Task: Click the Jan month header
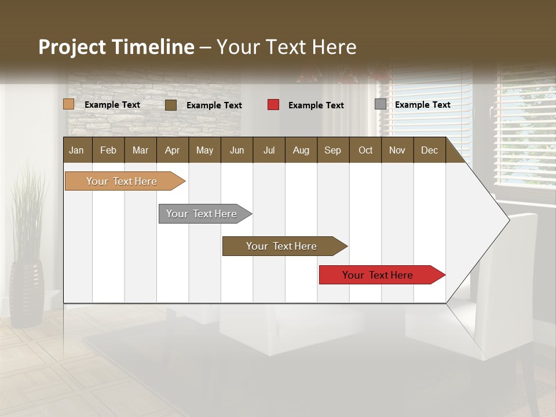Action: coord(77,151)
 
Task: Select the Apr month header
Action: coord(173,151)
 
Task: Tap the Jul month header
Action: coord(269,151)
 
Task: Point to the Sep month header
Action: coord(332,151)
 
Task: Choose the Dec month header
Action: coord(429,151)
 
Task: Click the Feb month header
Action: coord(108,151)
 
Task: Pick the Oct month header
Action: coord(365,151)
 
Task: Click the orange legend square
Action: coord(69,104)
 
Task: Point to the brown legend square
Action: coord(171,105)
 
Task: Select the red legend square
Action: coord(273,105)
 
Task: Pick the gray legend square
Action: coord(381,104)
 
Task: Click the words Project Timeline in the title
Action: coord(116,47)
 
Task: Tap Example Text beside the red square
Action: coord(316,105)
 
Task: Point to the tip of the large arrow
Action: coord(508,220)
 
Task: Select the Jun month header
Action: coord(237,151)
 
